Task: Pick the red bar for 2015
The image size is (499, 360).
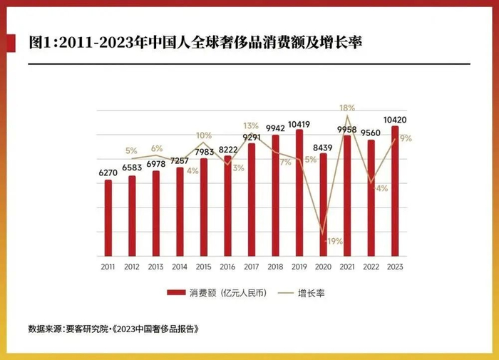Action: tap(204, 207)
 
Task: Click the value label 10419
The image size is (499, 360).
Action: tap(299, 123)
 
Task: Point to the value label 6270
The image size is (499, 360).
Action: tap(108, 173)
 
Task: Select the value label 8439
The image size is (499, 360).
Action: tap(323, 148)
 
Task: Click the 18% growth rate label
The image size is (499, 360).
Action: tap(347, 108)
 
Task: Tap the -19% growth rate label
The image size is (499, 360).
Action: tap(332, 241)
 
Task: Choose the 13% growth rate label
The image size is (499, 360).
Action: tap(251, 125)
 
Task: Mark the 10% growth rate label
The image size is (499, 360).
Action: tap(204, 135)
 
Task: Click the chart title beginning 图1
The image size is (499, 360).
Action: tap(195, 43)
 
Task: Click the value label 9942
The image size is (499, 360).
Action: tap(275, 128)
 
